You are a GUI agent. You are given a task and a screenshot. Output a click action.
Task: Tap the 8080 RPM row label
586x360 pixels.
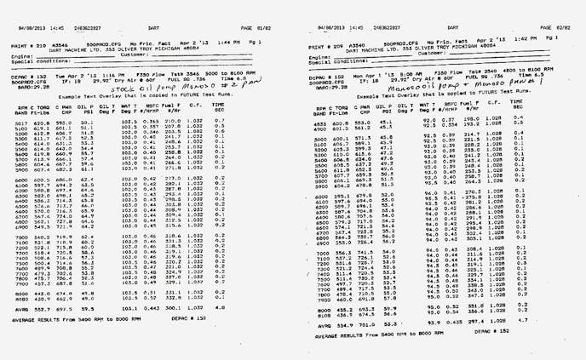point(24,294)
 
